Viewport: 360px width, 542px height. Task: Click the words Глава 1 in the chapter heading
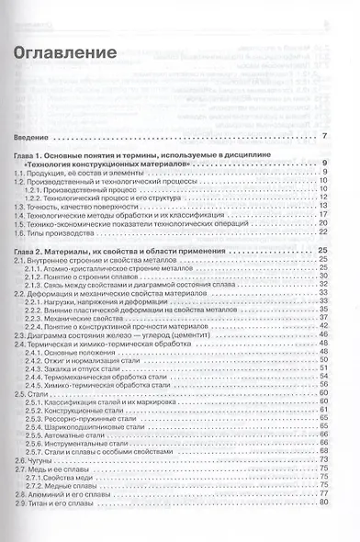33,158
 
